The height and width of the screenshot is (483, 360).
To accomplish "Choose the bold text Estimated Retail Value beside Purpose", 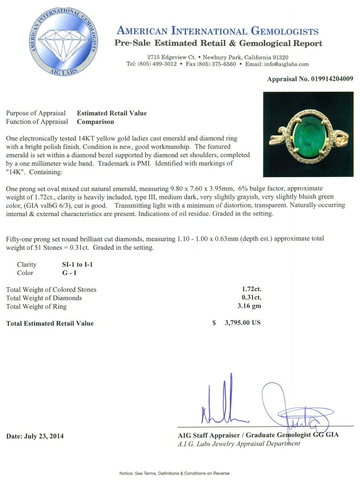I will [x=112, y=113].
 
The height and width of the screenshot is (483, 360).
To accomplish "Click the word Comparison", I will [x=95, y=122].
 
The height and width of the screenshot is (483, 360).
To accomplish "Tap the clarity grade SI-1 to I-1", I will [x=77, y=264].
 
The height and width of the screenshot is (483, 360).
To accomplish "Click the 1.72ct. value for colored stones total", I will [x=252, y=289].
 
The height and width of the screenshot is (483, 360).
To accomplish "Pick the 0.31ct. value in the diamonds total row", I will [x=252, y=298].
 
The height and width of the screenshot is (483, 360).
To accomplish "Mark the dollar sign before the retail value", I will [x=214, y=323].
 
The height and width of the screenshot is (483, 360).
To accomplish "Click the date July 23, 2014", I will [x=35, y=436].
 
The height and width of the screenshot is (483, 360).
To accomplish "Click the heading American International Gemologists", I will [x=217, y=31].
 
